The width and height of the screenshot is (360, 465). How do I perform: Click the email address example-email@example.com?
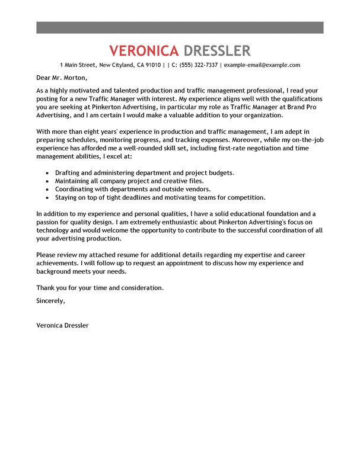click(x=262, y=65)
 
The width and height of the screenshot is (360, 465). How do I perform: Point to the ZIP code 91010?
click(x=152, y=65)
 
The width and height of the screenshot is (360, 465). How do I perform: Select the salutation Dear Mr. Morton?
click(x=62, y=78)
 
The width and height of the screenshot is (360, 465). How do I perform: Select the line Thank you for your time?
click(x=100, y=288)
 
